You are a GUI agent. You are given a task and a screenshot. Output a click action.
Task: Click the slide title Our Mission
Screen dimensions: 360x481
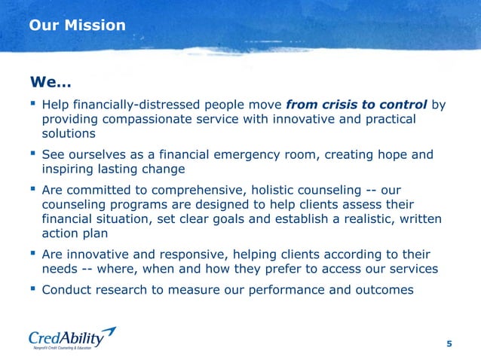(x=77, y=26)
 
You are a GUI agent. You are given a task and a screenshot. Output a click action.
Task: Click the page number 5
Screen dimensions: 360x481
(x=449, y=344)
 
